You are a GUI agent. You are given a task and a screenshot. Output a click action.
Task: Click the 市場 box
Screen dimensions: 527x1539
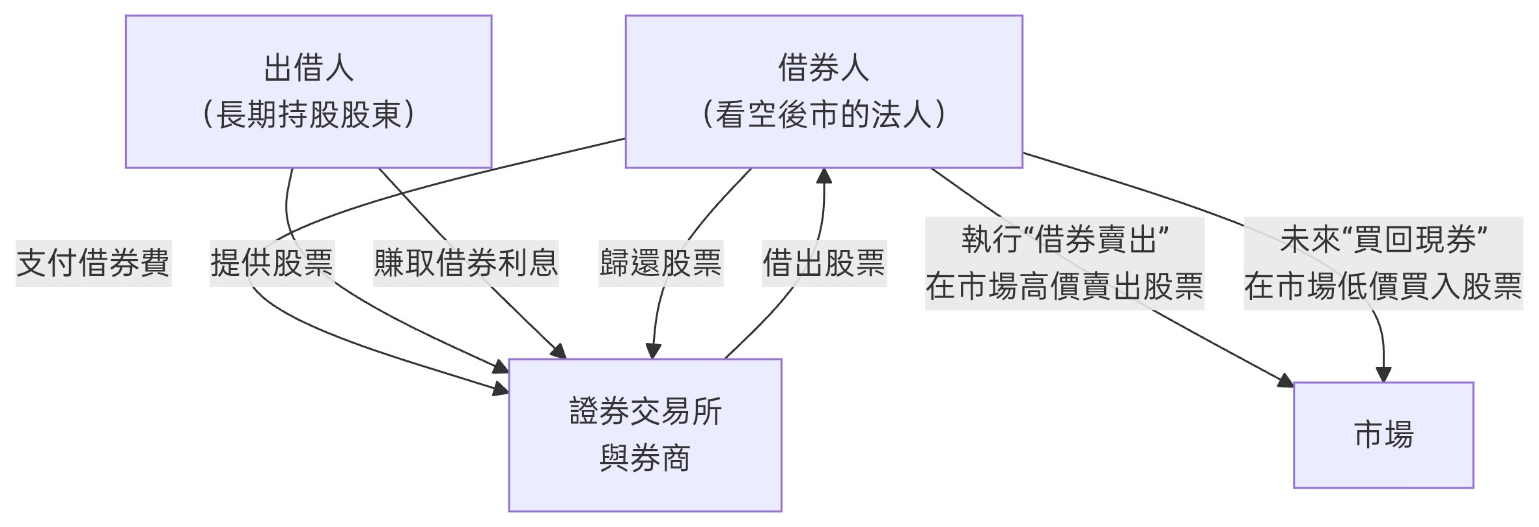(x=1383, y=435)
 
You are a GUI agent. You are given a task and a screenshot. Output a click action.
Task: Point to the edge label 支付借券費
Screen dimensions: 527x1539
(x=93, y=263)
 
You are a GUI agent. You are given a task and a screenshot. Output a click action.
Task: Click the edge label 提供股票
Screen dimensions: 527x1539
(x=271, y=263)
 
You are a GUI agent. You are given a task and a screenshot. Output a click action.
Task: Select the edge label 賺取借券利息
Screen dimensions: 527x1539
(x=465, y=263)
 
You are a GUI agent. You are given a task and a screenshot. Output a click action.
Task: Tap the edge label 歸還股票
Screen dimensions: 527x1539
(x=661, y=263)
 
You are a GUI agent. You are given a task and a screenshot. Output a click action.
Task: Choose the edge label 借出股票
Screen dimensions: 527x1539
(x=824, y=263)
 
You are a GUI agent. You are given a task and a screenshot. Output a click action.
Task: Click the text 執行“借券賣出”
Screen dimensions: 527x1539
(x=1064, y=239)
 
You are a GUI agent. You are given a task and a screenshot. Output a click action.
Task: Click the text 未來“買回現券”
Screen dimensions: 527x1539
(x=1383, y=239)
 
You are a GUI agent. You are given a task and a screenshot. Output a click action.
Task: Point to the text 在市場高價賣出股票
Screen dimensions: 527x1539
(x=1064, y=286)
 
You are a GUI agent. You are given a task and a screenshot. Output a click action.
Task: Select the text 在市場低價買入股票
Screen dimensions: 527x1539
(x=1383, y=286)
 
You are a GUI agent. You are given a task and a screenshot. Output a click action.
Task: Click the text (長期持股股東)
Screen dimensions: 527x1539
(x=308, y=115)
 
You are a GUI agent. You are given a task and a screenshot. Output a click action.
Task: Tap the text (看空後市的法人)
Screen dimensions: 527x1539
(x=824, y=115)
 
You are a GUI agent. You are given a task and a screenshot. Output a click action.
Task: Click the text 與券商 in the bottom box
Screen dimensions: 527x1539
(x=645, y=458)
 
